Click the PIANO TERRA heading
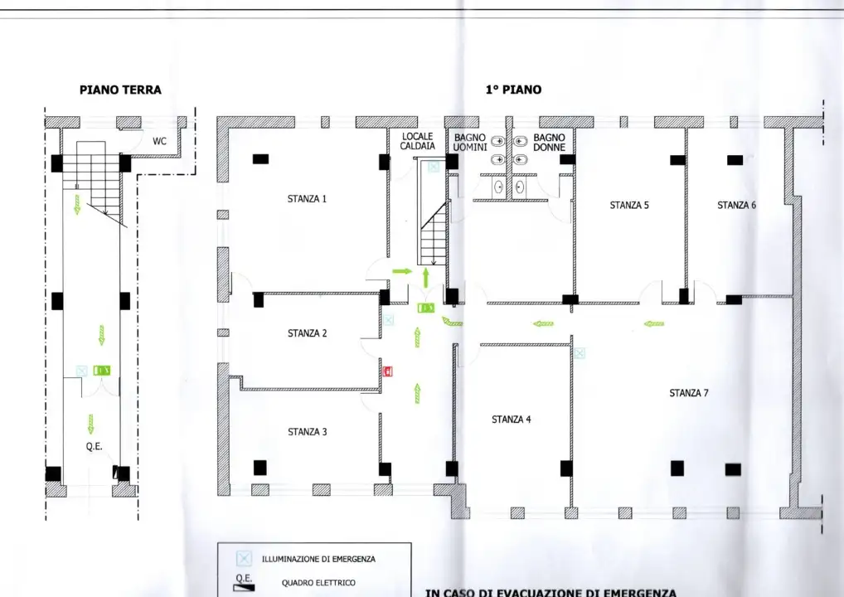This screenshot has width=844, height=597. pyautogui.click(x=120, y=90)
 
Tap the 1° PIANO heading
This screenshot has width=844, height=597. pyautogui.click(x=513, y=90)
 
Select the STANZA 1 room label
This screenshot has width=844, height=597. pyautogui.click(x=307, y=199)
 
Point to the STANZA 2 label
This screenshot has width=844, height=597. pyautogui.click(x=307, y=333)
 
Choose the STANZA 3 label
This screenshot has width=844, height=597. pyautogui.click(x=307, y=432)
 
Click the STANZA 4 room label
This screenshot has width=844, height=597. pyautogui.click(x=511, y=420)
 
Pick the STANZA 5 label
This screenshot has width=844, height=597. pyautogui.click(x=629, y=205)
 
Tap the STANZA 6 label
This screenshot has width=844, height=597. pyautogui.click(x=736, y=205)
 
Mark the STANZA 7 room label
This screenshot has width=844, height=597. pyautogui.click(x=689, y=393)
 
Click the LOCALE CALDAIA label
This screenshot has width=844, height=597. pyautogui.click(x=418, y=141)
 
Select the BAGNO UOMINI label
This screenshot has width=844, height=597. pyautogui.click(x=469, y=142)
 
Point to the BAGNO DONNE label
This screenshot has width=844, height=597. pyautogui.click(x=549, y=142)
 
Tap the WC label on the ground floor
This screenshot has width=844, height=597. pyautogui.click(x=159, y=141)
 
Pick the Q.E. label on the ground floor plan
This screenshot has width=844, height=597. pyautogui.click(x=94, y=447)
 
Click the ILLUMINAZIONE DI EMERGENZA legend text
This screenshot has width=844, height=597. pyautogui.click(x=318, y=560)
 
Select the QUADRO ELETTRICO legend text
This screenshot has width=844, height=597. pyautogui.click(x=318, y=583)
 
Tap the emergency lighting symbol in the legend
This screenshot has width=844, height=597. pyautogui.click(x=244, y=559)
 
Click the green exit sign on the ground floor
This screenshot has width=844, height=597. pyautogui.click(x=102, y=371)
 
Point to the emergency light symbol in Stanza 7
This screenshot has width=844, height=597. pyautogui.click(x=580, y=353)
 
